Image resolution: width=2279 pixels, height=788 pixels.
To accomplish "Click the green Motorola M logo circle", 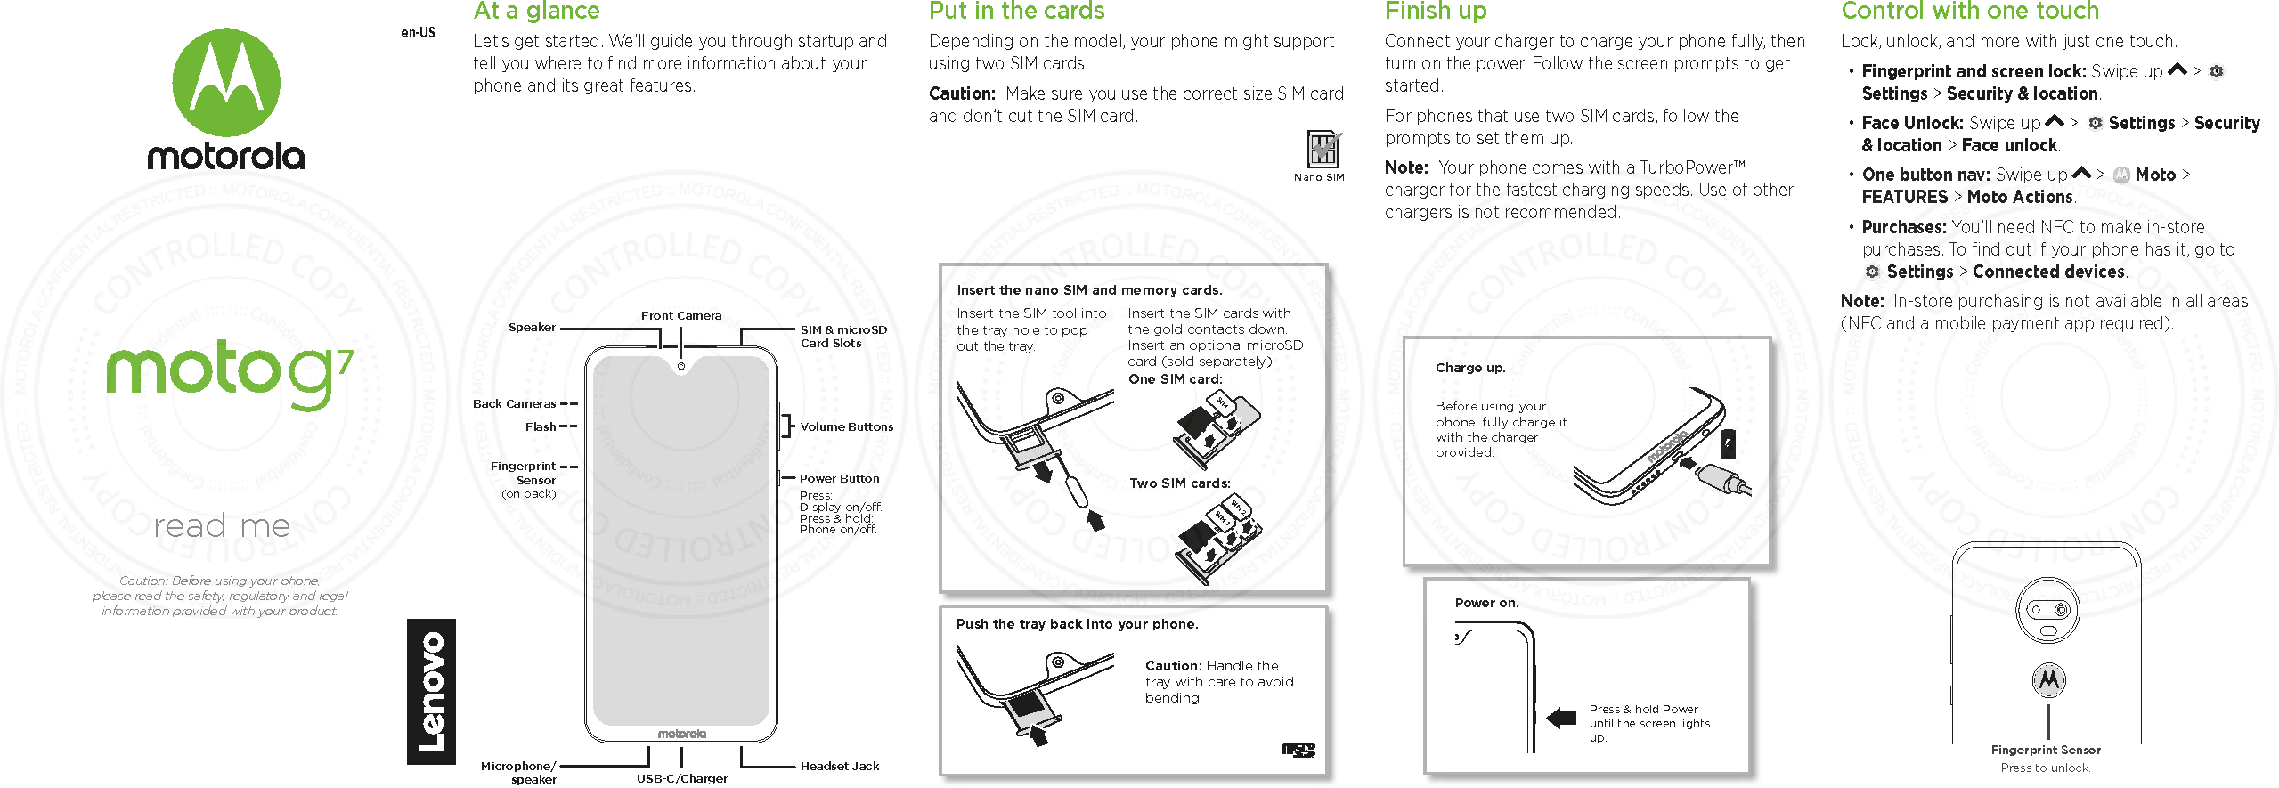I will (226, 83).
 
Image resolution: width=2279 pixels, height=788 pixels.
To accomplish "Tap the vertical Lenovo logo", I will (431, 692).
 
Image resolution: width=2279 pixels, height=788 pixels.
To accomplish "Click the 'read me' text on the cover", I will (222, 525).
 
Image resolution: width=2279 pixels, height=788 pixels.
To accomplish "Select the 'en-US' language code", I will (418, 33).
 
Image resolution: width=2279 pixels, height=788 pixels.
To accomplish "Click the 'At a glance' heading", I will (536, 12).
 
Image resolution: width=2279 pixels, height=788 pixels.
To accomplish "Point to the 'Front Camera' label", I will (681, 315).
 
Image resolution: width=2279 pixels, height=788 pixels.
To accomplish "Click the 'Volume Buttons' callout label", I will (846, 426).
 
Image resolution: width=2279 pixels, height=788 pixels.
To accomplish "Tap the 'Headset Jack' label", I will (839, 766).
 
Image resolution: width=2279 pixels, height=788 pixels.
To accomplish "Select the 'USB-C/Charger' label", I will (681, 778).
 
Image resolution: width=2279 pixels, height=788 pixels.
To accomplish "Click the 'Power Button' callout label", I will (839, 478).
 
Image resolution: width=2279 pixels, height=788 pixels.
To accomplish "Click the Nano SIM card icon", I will (1323, 150).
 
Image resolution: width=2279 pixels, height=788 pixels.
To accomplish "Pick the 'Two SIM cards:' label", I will (1179, 483).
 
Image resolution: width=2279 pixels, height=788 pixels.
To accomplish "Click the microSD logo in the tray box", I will (1298, 750).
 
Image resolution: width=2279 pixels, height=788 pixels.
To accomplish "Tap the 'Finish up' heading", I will (1436, 12).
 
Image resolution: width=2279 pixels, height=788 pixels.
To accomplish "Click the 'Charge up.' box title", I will (1469, 368).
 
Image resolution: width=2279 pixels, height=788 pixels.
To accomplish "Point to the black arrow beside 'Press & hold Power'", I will (1561, 718).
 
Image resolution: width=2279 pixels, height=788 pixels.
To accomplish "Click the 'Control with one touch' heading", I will (1970, 12).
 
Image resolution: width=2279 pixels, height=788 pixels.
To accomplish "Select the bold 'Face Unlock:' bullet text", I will (1912, 123).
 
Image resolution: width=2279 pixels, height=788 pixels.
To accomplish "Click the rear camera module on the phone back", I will (2048, 610).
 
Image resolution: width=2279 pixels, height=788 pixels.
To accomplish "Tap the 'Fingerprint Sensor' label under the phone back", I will (2046, 750).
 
